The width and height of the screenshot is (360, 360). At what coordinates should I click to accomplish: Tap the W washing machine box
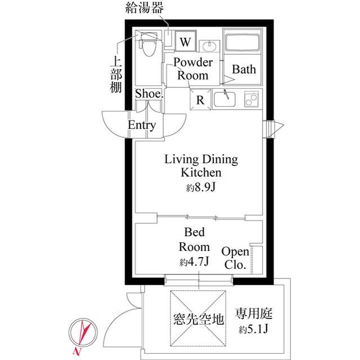pyautogui.click(x=186, y=42)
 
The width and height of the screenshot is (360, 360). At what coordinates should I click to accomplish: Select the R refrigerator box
pyautogui.click(x=200, y=101)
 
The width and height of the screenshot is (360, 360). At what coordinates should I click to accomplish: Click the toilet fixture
pyautogui.click(x=149, y=47)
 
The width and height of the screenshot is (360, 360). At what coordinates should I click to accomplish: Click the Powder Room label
pyautogui.click(x=192, y=69)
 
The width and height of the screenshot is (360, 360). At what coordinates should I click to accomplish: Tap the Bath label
pyautogui.click(x=244, y=70)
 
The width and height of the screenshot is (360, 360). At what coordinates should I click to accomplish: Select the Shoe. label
pyautogui.click(x=149, y=94)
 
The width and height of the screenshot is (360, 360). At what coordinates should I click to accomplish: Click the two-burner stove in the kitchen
pyautogui.click(x=251, y=100)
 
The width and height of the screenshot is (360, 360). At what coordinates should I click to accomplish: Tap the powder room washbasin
pyautogui.click(x=211, y=46)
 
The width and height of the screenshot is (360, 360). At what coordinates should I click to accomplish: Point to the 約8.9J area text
pyautogui.click(x=201, y=188)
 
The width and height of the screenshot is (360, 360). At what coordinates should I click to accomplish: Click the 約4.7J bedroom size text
pyautogui.click(x=195, y=262)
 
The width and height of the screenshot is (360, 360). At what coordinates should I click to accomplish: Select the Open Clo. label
pyautogui.click(x=235, y=258)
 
